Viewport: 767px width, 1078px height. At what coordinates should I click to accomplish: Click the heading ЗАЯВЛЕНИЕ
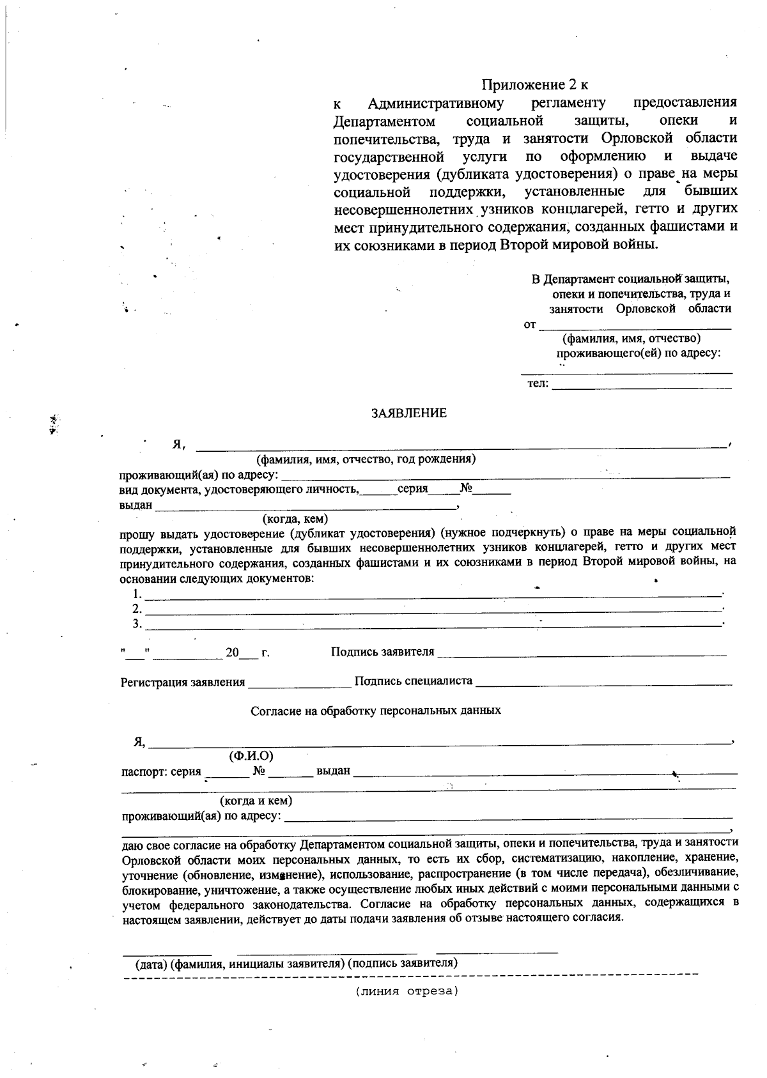[x=409, y=413]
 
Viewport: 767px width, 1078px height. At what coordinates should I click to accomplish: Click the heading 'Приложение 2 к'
[x=534, y=84]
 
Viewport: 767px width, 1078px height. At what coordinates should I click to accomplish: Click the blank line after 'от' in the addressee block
[x=635, y=328]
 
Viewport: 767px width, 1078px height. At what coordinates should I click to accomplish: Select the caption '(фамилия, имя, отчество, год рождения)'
[x=366, y=459]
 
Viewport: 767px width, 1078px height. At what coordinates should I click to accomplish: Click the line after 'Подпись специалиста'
[x=603, y=684]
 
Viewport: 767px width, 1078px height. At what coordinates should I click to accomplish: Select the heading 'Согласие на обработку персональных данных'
[x=376, y=710]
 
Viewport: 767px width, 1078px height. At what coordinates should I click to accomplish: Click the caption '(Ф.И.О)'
[x=251, y=756]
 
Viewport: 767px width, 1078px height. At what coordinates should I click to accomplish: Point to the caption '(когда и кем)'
[x=256, y=801]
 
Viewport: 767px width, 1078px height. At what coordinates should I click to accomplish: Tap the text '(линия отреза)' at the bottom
[x=407, y=992]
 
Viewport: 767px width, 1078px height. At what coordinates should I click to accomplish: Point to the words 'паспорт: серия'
[x=161, y=771]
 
